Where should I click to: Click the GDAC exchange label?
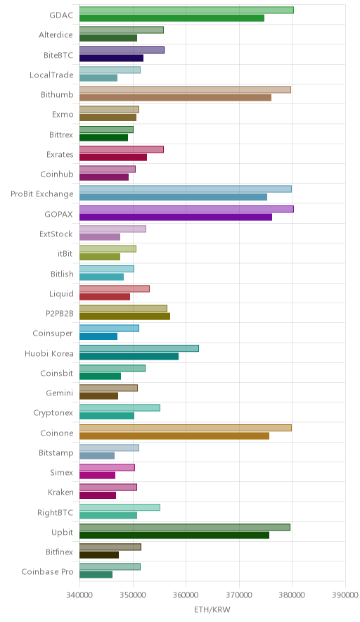coord(61,15)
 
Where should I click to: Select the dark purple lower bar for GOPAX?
coord(176,217)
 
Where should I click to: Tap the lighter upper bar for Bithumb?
coord(185,89)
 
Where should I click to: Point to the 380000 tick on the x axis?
coord(292,595)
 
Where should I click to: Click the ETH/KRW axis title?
coord(212,609)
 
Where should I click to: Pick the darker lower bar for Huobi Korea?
coord(129,356)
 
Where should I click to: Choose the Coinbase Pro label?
coord(48,571)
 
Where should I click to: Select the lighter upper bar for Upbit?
coord(185,527)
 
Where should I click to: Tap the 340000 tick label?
coord(79,595)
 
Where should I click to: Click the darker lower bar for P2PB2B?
coord(125,317)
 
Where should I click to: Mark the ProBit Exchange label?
coord(42,194)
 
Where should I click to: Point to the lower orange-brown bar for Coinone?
coord(174,436)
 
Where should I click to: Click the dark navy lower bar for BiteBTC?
coord(111,58)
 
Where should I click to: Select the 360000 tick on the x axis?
coord(186,595)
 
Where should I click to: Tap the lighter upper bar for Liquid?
coord(115,288)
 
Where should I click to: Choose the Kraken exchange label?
coord(60,493)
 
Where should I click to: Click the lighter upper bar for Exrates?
coord(122,150)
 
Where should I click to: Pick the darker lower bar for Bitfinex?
coord(99,555)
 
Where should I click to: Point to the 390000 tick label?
coord(345,595)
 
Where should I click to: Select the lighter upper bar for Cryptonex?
coord(120,408)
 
